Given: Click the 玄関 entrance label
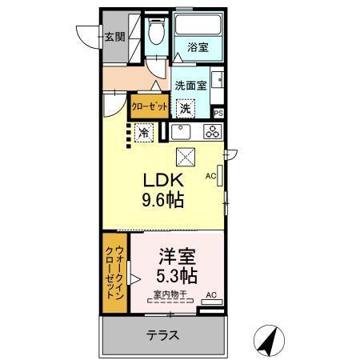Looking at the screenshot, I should tap(115, 36).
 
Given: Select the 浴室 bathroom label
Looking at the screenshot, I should tap(198, 48).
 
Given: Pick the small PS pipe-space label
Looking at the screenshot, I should tap(218, 114).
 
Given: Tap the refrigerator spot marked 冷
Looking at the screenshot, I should tap(143, 132).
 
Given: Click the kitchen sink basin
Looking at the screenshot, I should tap(180, 132).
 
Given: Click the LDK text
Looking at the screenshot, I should tap(165, 179).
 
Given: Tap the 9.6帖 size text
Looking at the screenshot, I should tap(163, 199).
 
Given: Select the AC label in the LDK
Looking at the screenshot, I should tap(211, 176).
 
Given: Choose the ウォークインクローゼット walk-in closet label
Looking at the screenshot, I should tap(114, 272).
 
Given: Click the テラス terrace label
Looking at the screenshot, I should tap(162, 335).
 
